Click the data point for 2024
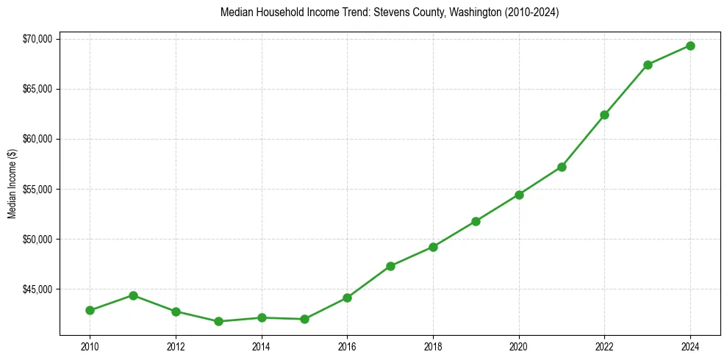point(690,46)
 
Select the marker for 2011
point(133,295)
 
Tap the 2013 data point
point(218,321)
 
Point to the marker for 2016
point(347,298)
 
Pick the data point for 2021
point(562,167)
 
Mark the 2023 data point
point(648,65)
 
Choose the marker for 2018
point(433,247)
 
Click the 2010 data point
point(90,310)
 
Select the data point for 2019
point(476,221)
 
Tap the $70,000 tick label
point(37,39)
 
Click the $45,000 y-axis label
point(37,289)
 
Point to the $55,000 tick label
point(37,190)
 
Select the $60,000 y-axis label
point(37,140)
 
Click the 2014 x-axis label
point(261,346)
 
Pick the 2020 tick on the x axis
point(519,346)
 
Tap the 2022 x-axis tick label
point(604,346)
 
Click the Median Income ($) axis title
point(12,184)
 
